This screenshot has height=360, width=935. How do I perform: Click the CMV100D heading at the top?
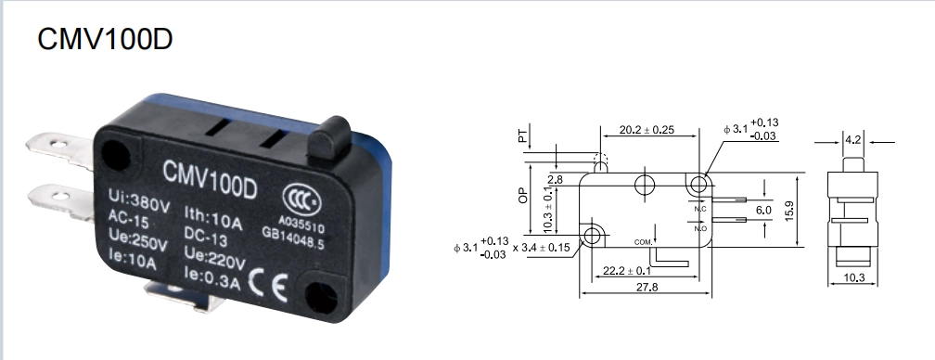click(105, 39)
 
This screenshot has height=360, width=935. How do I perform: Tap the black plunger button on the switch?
click(328, 139)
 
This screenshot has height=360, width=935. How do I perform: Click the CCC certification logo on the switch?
click(301, 199)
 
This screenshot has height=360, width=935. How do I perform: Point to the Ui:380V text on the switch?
click(139, 200)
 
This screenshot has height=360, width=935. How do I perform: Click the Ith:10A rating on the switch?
click(213, 217)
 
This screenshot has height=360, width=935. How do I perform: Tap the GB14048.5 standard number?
click(293, 238)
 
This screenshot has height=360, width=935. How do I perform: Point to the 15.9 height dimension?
click(788, 211)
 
